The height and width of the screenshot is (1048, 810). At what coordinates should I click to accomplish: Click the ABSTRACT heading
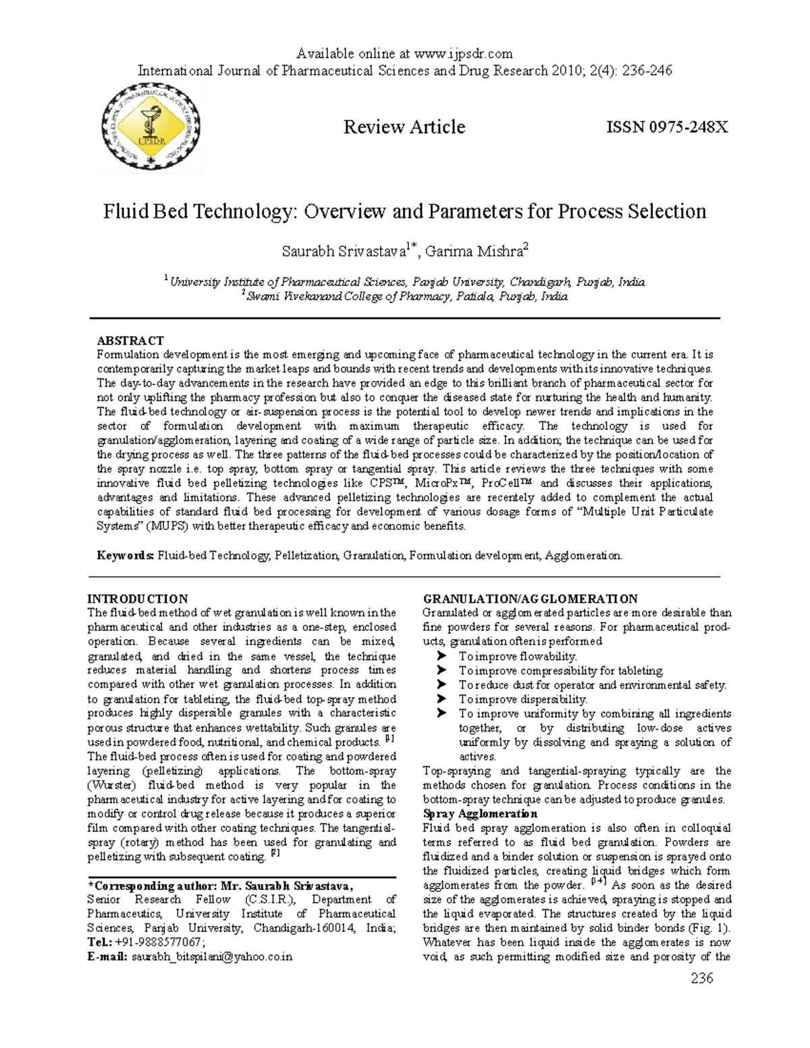click(130, 341)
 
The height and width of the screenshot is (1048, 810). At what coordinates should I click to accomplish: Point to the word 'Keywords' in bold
click(126, 555)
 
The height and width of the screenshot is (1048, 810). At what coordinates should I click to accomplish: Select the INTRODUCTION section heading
click(138, 599)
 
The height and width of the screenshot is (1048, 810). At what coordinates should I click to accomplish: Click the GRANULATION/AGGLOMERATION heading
click(529, 599)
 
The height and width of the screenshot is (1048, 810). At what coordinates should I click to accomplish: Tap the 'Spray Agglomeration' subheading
click(480, 814)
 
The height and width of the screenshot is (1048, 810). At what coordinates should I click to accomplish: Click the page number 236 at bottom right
click(701, 978)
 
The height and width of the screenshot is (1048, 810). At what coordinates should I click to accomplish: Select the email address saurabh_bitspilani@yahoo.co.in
click(212, 957)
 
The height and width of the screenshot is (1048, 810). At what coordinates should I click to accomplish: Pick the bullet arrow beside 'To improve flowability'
click(442, 656)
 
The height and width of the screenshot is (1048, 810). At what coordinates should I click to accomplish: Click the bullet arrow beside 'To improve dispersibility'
click(442, 699)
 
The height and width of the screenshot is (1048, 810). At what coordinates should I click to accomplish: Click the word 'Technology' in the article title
click(245, 211)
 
